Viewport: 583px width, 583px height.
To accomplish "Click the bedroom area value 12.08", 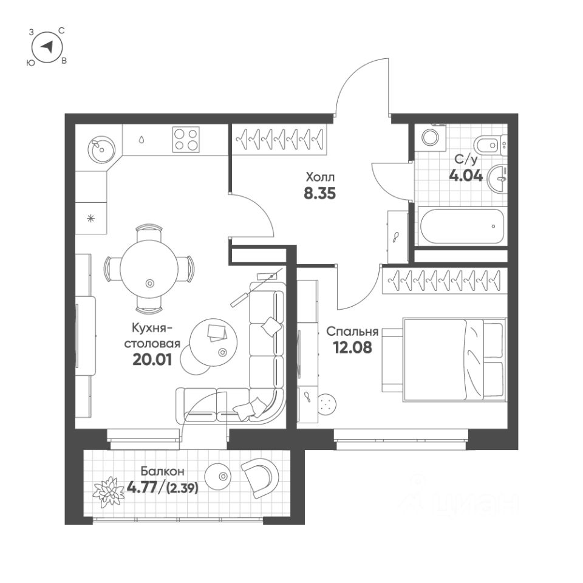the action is [x=352, y=348].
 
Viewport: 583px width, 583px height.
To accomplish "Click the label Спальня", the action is [x=352, y=332].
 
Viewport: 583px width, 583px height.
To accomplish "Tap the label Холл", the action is [x=320, y=177].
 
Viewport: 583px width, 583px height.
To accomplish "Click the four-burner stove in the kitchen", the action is [x=186, y=139].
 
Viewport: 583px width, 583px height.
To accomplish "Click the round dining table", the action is [x=149, y=267].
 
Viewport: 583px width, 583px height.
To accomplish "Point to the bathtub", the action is [x=462, y=227].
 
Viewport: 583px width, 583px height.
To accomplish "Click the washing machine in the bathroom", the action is [x=432, y=137].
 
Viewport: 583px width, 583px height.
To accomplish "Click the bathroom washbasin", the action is [x=499, y=177].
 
